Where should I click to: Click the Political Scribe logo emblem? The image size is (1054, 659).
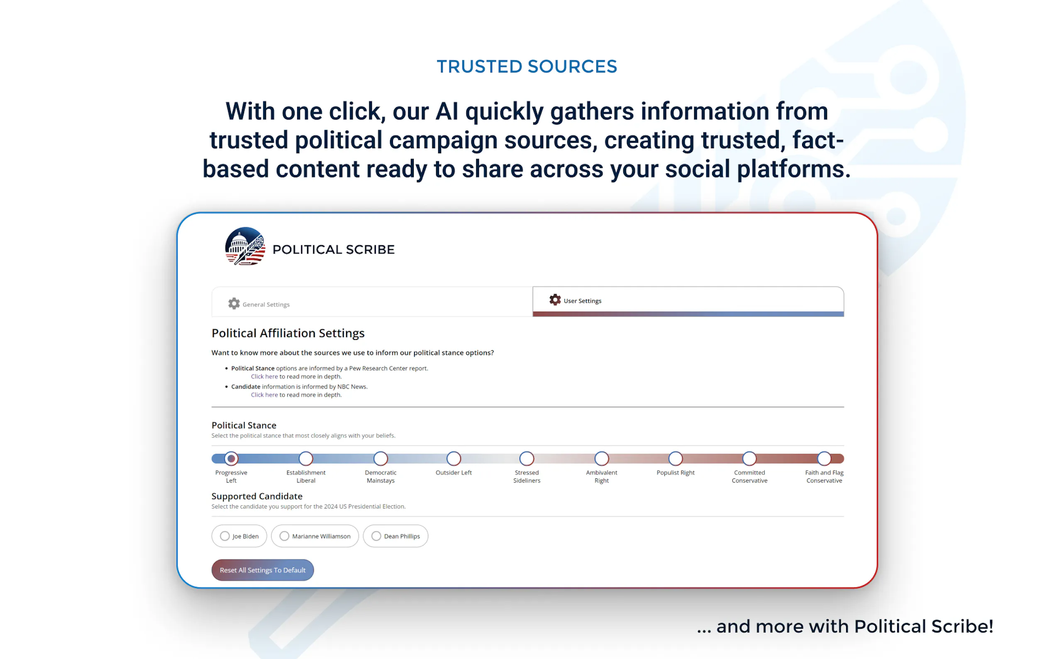coord(245,246)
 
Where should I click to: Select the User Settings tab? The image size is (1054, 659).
coord(688,301)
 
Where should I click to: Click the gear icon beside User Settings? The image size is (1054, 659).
coord(555,300)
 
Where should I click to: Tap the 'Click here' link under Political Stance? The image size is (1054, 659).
coord(264,376)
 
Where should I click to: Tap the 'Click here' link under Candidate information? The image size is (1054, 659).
coord(264,395)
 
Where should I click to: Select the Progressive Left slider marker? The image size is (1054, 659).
coord(232,459)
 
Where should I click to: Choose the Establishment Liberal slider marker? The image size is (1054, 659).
coord(306,459)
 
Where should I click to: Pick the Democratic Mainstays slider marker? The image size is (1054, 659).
coord(381,459)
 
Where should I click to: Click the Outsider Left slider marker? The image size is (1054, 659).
coord(454,459)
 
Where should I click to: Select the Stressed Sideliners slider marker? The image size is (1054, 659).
coord(527,459)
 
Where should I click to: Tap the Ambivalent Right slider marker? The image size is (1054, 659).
coord(602,459)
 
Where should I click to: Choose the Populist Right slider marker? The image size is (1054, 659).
coord(676,459)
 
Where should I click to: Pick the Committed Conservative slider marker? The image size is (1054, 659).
coord(749,459)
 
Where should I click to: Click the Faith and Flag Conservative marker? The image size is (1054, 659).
coord(825,459)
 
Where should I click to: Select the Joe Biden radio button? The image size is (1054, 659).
coord(225,536)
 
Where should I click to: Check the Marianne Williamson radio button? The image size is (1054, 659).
coord(285,536)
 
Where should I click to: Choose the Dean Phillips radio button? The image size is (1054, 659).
coord(376,536)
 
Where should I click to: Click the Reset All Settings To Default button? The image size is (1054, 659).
coord(263,570)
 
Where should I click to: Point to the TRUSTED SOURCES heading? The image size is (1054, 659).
coord(527,67)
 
